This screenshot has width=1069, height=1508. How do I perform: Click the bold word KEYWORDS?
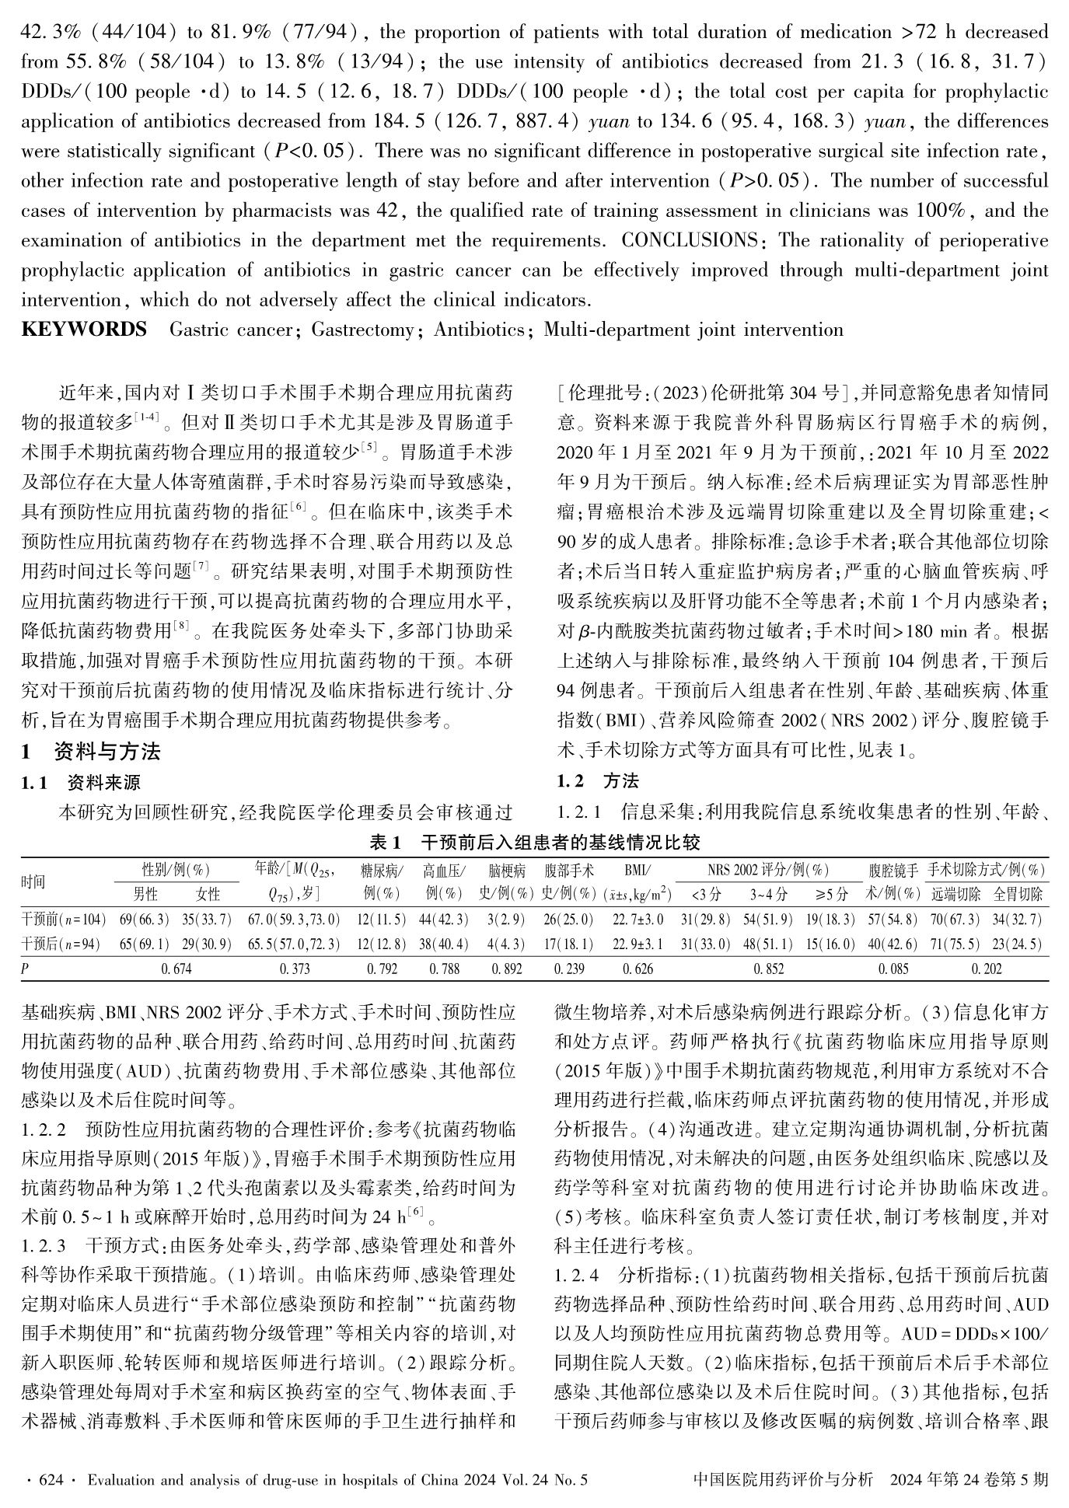(84, 330)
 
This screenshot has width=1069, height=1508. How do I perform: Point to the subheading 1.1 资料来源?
(81, 782)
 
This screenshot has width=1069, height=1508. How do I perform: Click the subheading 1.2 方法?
(599, 780)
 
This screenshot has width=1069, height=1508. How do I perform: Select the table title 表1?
(386, 842)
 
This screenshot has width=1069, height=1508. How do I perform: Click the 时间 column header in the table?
(33, 881)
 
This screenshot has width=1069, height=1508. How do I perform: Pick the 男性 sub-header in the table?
(145, 895)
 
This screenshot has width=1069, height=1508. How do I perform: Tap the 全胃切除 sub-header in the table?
(1017, 895)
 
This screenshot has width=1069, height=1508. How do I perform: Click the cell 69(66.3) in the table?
(145, 920)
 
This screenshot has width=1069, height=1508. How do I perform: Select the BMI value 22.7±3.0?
(638, 920)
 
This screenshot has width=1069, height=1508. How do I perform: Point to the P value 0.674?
(176, 969)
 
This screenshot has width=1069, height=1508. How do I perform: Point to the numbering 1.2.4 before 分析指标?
(577, 1276)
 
